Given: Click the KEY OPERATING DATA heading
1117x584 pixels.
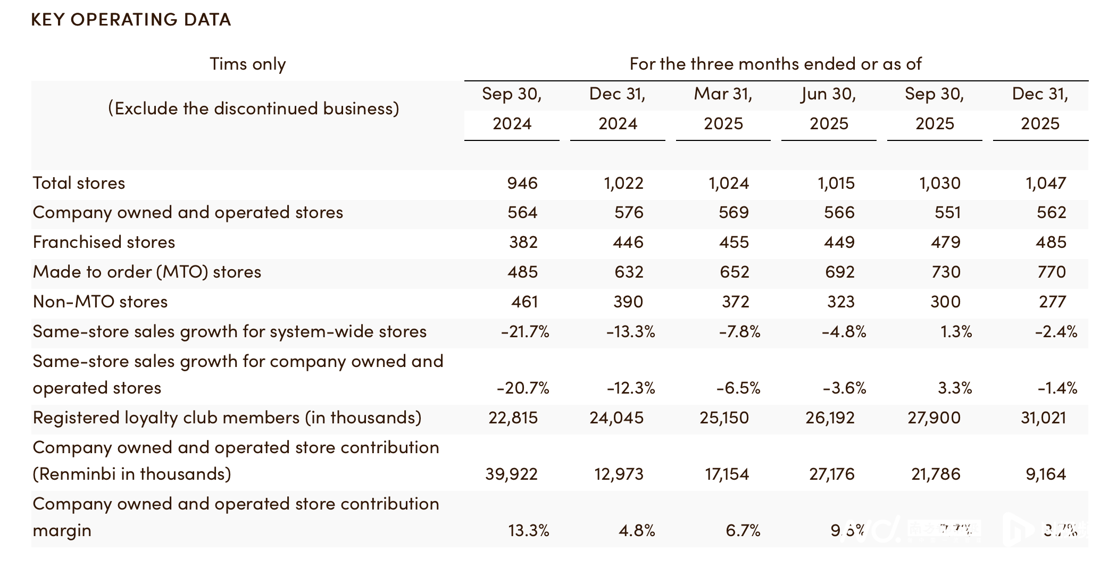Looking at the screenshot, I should [131, 20].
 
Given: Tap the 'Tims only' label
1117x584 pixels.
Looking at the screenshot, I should [248, 64].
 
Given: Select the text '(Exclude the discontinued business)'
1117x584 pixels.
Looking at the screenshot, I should [253, 109].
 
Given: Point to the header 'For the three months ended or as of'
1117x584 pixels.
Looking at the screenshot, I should [776, 64].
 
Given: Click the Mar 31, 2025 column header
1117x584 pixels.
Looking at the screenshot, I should [723, 109].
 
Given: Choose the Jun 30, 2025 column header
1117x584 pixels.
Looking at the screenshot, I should [829, 109].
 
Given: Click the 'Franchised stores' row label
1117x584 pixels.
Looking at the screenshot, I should [104, 243].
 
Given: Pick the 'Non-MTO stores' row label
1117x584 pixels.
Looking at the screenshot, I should [100, 302].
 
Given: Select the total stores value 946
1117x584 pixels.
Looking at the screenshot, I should [522, 183].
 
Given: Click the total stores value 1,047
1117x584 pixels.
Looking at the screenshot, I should [1046, 183].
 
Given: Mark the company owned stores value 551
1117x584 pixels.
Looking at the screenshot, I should [947, 213].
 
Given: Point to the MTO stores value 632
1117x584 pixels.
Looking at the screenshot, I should [629, 272].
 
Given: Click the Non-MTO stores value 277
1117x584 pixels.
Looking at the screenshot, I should [1052, 302].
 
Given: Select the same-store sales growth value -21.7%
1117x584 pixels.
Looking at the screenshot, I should [525, 332].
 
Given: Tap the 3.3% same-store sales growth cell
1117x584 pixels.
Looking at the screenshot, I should [955, 388].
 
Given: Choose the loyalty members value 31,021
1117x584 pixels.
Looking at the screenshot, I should [1043, 418].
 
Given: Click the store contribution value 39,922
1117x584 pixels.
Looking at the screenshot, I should [511, 474].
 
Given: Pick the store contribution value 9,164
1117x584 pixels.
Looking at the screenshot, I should [1046, 474].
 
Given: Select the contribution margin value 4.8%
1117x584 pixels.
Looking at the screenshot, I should [637, 531].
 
